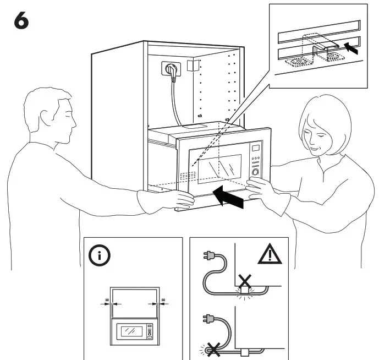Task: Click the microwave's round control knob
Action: pos(255,172)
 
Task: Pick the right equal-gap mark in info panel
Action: pos(163,301)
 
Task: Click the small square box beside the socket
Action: pos(192,67)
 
